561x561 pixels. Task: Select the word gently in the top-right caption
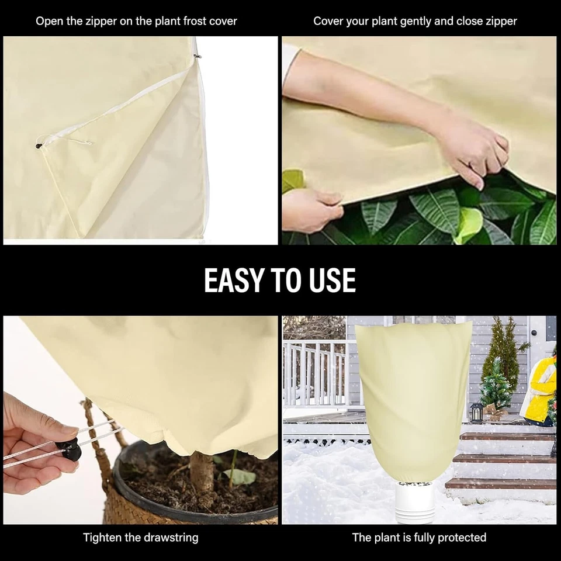click(x=421, y=21)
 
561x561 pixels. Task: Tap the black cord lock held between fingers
click(x=70, y=449)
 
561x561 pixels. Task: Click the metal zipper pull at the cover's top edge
click(x=198, y=56)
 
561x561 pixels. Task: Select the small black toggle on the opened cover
click(x=39, y=146)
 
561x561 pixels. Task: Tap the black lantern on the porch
click(x=476, y=412)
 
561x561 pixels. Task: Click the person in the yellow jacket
click(x=541, y=389)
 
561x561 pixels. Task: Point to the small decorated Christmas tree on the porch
click(x=496, y=386)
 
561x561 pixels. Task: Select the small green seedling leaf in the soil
click(x=240, y=476)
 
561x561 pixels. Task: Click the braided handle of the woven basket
click(x=96, y=432)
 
